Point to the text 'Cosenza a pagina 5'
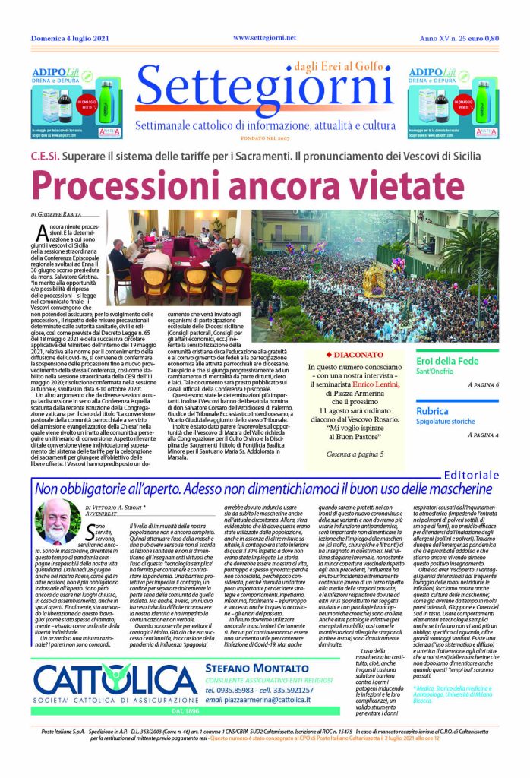(356, 454)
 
